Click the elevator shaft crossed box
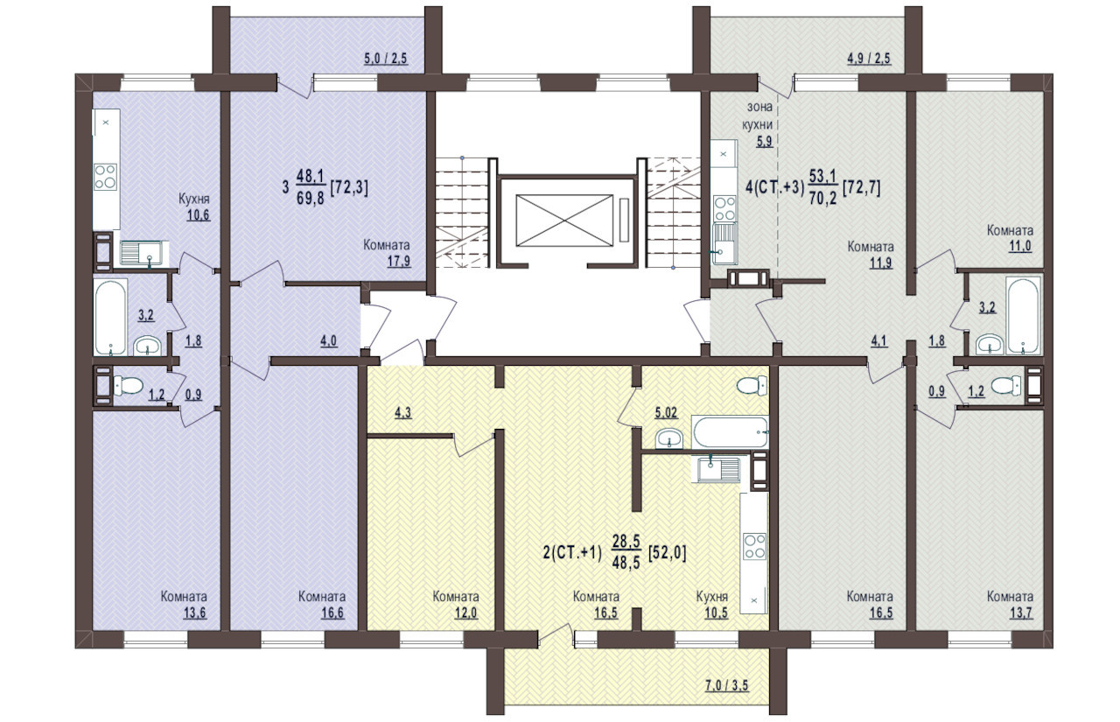point(564,221)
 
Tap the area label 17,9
point(399,261)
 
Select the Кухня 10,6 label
point(194,207)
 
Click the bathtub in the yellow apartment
point(730,432)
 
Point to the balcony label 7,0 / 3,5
point(726,685)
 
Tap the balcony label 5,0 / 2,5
point(386,59)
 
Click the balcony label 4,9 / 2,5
point(869,59)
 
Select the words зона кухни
point(758,116)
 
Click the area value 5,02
point(667,413)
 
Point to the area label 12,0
point(465,613)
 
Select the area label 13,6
point(194,613)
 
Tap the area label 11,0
point(1020,246)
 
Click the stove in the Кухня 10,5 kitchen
point(754,546)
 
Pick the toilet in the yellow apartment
point(752,386)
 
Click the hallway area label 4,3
point(403,413)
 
